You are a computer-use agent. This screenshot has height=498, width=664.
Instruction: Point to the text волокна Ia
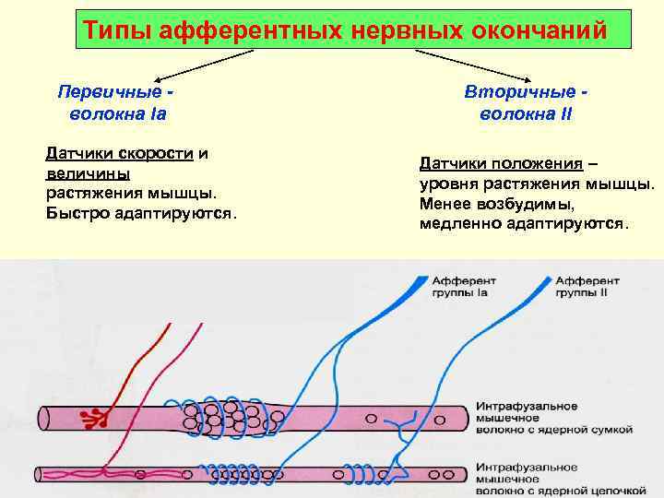click(x=117, y=115)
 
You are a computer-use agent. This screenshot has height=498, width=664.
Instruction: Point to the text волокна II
click(x=527, y=115)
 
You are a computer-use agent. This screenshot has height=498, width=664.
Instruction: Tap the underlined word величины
click(x=87, y=173)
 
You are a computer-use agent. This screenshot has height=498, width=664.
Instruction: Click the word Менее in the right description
click(x=444, y=204)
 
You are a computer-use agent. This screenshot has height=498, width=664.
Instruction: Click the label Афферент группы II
click(x=587, y=285)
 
